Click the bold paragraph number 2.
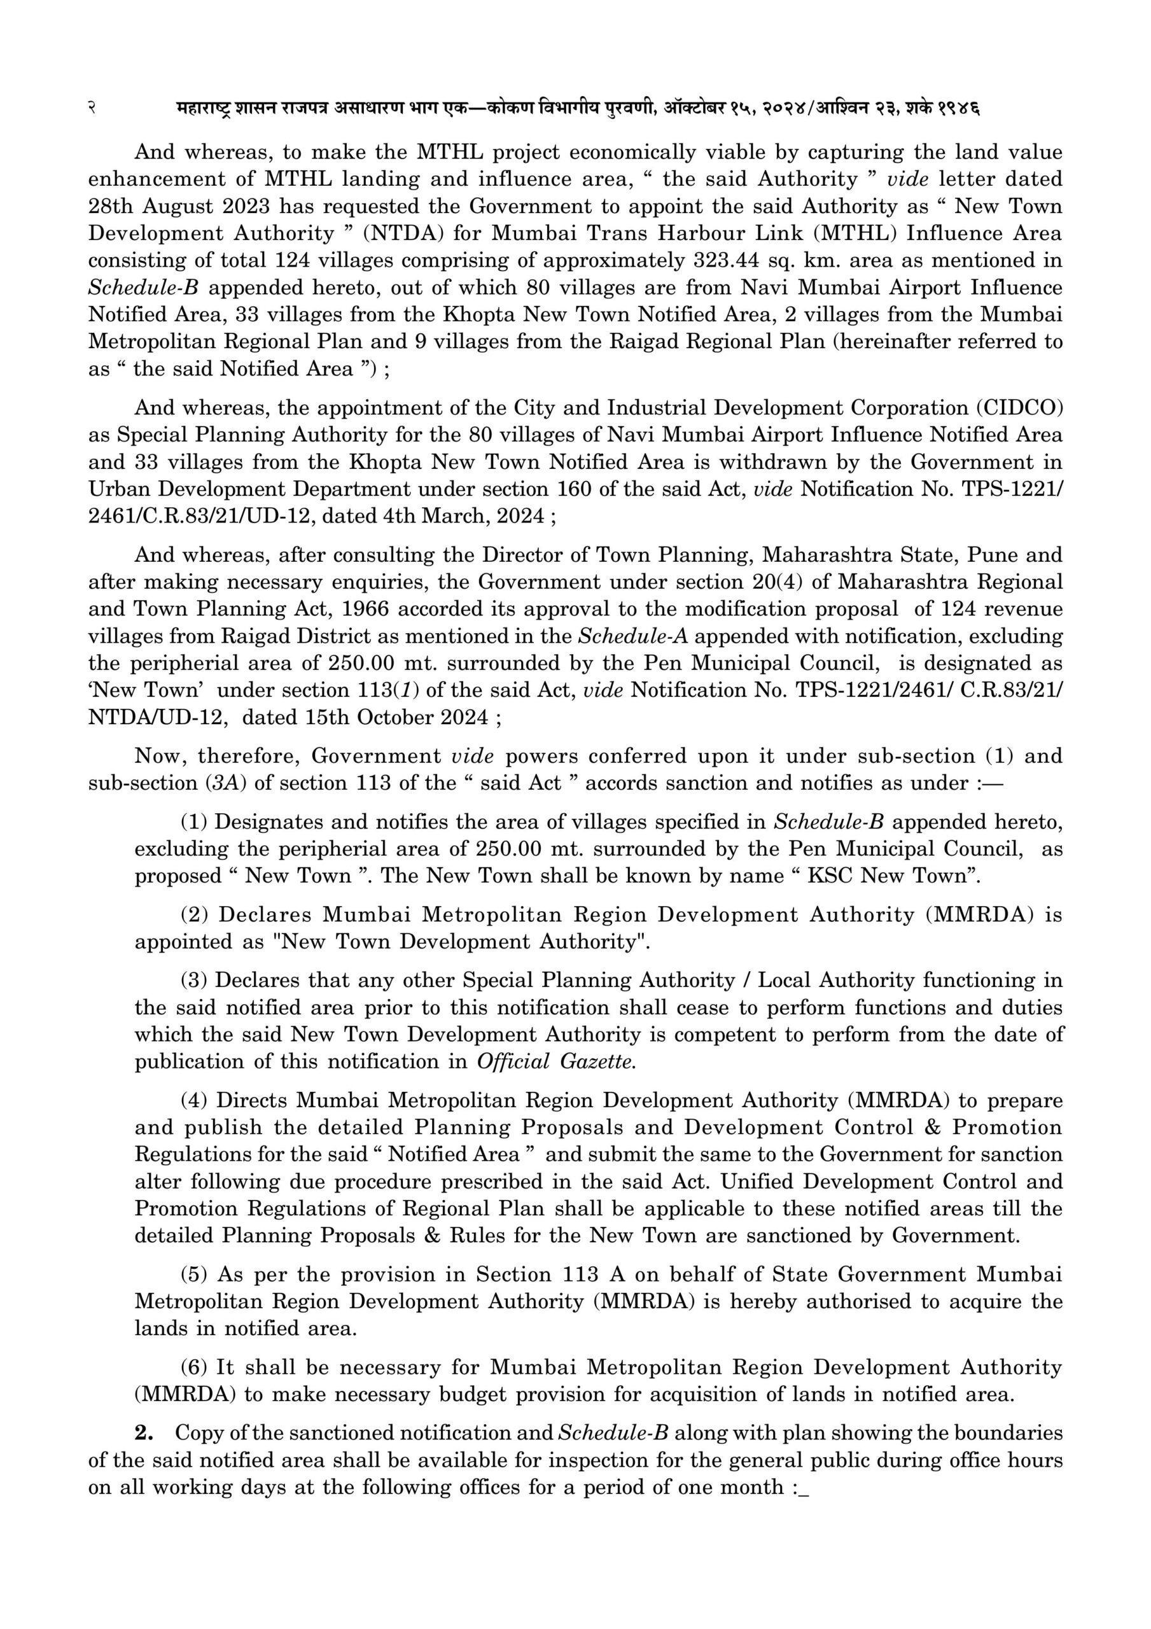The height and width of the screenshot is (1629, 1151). click(144, 1433)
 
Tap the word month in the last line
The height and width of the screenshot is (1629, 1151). click(751, 1487)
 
